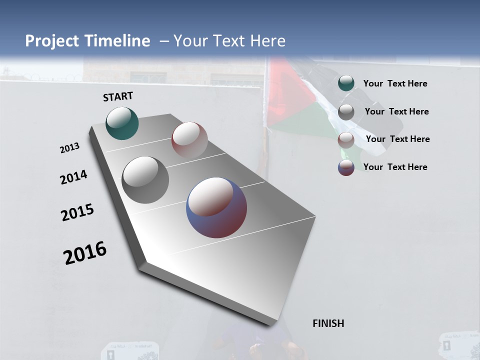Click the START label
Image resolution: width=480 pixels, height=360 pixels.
(x=118, y=96)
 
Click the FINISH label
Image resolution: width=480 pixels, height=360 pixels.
(x=328, y=323)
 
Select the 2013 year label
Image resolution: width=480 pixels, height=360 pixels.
(x=69, y=148)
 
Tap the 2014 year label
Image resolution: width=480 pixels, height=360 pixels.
(x=73, y=177)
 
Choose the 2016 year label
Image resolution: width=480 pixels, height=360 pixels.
(x=85, y=253)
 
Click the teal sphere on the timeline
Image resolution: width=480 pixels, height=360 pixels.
(x=122, y=123)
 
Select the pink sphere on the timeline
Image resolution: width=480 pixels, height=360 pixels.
(x=189, y=140)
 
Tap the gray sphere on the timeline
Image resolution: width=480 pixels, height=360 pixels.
(x=145, y=180)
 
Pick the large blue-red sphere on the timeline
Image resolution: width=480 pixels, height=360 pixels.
(x=216, y=207)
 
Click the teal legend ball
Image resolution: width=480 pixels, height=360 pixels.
(x=346, y=83)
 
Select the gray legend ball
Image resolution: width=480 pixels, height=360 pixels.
(x=346, y=112)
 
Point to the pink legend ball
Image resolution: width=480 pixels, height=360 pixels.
(x=346, y=140)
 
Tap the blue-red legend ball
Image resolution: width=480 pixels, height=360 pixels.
(x=346, y=167)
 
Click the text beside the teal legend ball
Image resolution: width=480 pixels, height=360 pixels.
(x=395, y=83)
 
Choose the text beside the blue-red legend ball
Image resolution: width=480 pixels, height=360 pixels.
(x=395, y=167)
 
